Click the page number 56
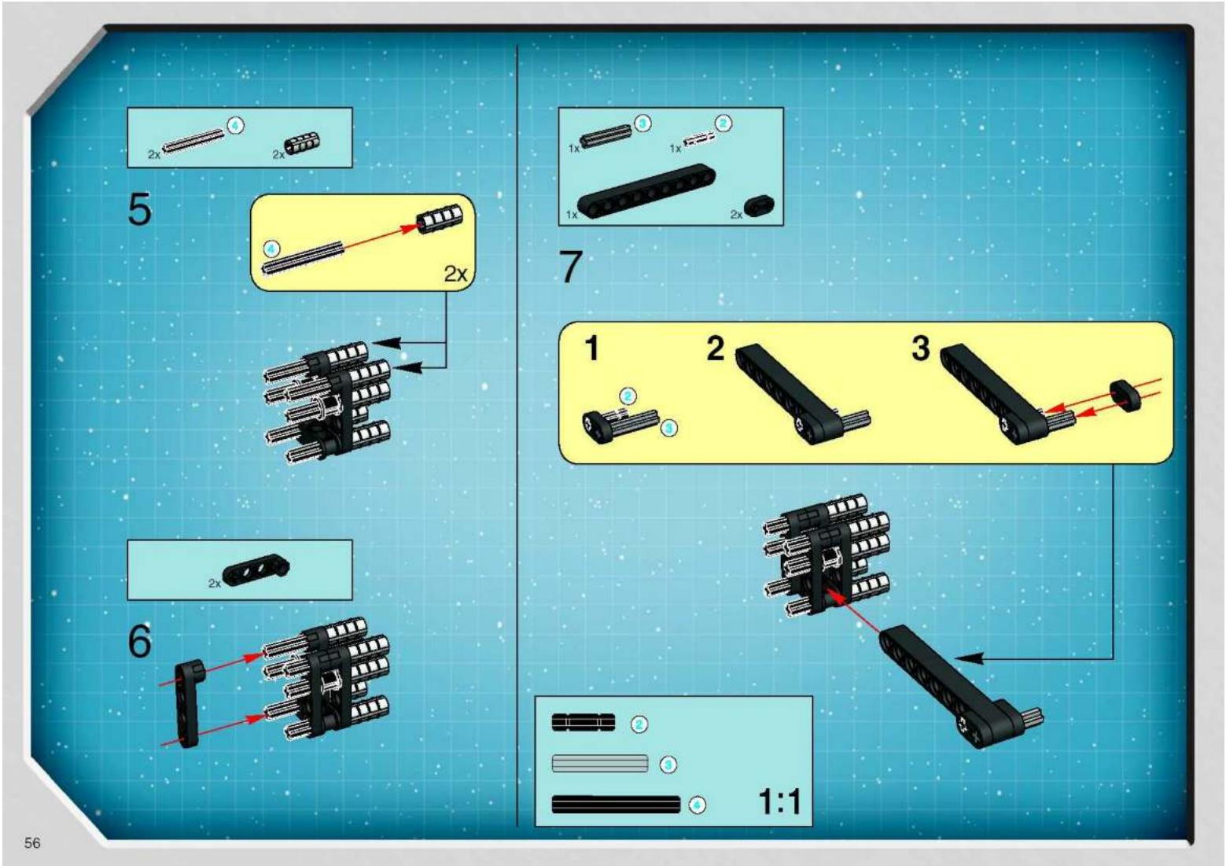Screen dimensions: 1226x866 coord(31,842)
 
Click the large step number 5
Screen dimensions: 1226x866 coord(139,210)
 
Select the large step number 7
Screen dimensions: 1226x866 coord(570,267)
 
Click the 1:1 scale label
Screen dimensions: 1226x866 coord(779,802)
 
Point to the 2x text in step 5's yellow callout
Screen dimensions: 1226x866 coord(455,274)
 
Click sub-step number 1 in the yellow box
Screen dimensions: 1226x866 coord(591,348)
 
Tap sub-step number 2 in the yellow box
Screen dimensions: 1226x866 coord(716,348)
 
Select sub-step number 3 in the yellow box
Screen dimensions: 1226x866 coord(921,348)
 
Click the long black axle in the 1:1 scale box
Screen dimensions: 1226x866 coord(616,805)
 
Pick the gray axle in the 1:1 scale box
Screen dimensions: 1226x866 coord(600,764)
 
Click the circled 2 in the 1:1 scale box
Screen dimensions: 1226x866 coord(639,724)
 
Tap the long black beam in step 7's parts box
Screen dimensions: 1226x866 coord(646,191)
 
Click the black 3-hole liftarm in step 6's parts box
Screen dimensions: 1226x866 coord(256,569)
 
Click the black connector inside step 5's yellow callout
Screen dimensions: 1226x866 coord(440,219)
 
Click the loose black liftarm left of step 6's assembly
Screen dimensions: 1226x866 coord(189,703)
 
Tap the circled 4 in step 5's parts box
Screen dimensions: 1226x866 coord(236,126)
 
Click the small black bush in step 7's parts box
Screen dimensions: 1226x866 coord(759,207)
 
